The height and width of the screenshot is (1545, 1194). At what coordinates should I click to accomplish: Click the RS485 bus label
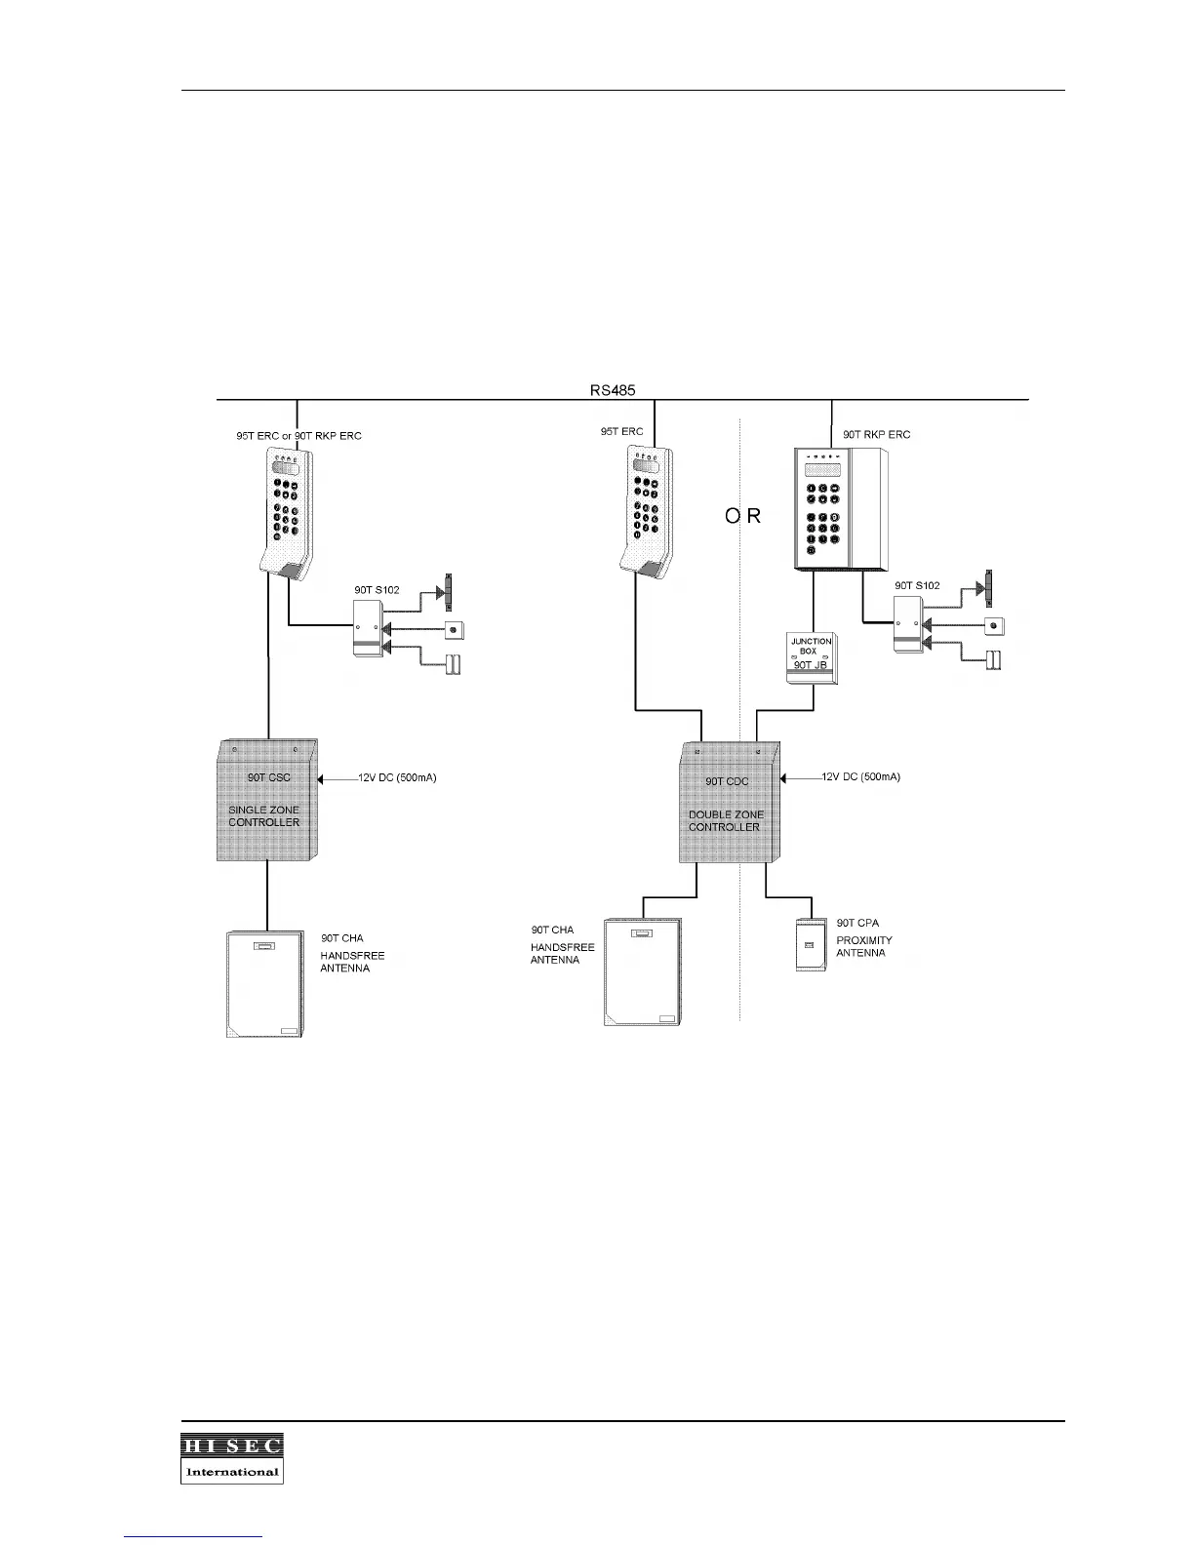(x=613, y=389)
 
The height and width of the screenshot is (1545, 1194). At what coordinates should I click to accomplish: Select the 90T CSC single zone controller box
(x=266, y=800)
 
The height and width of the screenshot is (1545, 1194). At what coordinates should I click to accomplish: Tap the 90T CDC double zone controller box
(x=729, y=802)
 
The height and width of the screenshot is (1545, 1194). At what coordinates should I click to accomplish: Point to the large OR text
(x=742, y=517)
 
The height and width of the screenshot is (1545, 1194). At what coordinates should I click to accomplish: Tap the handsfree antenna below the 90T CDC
(x=643, y=971)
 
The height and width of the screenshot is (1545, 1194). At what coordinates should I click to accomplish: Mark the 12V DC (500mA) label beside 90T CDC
(x=861, y=777)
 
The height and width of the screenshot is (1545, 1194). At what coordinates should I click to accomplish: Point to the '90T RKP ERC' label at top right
(x=876, y=435)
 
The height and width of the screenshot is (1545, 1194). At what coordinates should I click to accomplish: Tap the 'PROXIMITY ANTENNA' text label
(x=863, y=946)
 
